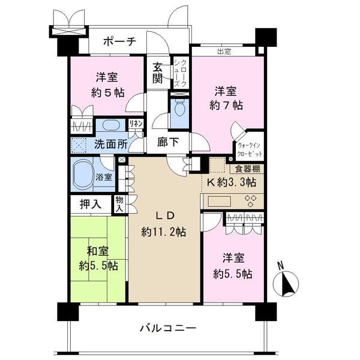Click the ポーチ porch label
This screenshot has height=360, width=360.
[119, 42]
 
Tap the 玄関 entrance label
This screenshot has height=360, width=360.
[158, 73]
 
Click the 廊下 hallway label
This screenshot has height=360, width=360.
[168, 142]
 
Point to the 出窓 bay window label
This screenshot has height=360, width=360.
[224, 52]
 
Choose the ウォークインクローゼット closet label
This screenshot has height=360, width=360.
[249, 149]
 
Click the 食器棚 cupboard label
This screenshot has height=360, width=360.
[247, 169]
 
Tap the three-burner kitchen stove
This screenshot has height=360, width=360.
[251, 201]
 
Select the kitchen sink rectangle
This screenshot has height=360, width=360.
[219, 202]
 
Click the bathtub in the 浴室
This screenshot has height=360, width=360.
[83, 174]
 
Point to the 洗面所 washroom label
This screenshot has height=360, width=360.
[111, 145]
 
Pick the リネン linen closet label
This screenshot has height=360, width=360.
[136, 124]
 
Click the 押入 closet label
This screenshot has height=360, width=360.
[91, 204]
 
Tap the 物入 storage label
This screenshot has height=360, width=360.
[119, 204]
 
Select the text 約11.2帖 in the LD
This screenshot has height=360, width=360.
[163, 232]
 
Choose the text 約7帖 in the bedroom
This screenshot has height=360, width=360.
[226, 106]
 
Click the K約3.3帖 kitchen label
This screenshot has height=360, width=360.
[232, 182]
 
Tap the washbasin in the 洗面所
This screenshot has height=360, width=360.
[110, 125]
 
